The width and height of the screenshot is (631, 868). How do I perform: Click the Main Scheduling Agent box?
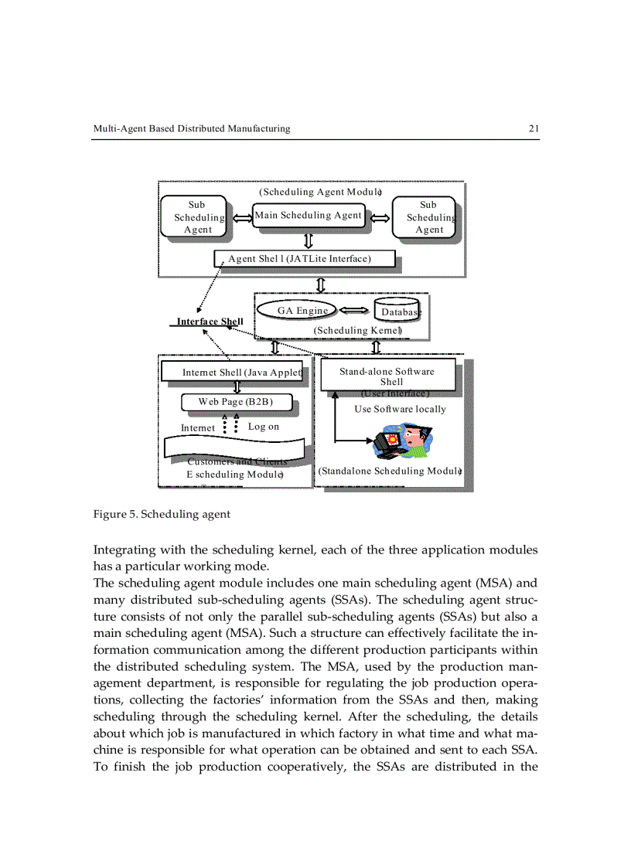[x=309, y=216]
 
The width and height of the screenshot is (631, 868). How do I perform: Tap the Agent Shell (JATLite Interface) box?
[x=304, y=258]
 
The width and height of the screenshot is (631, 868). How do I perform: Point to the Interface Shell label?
[x=210, y=322]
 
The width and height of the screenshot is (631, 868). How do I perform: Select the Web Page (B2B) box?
[x=235, y=402]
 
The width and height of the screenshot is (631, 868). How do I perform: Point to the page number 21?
[x=534, y=129]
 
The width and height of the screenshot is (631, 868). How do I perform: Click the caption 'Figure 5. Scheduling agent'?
[x=161, y=513]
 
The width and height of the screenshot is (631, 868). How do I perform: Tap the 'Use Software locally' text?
[x=399, y=409]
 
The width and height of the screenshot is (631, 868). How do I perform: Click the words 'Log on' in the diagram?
[x=264, y=427]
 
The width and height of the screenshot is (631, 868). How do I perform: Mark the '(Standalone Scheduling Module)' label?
[x=390, y=471]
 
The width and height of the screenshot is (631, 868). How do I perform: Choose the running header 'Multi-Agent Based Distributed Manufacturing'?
[x=191, y=129]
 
